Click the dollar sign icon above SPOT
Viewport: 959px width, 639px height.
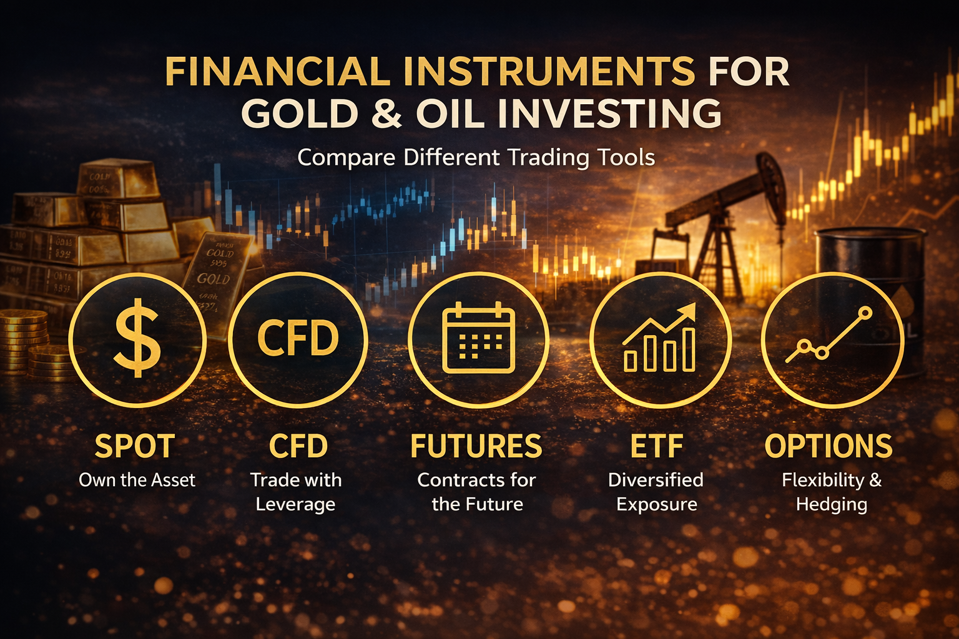(137, 339)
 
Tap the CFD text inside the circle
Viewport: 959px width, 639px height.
(298, 339)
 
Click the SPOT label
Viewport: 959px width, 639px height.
(135, 447)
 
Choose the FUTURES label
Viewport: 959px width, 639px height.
(476, 447)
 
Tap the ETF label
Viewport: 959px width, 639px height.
(657, 447)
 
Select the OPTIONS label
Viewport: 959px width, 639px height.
(829, 447)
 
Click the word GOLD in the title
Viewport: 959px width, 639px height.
(300, 114)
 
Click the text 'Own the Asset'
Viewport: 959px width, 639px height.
(137, 480)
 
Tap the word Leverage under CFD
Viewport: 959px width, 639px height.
(295, 504)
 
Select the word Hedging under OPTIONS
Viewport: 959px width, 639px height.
(832, 504)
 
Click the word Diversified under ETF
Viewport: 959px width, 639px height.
(656, 480)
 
